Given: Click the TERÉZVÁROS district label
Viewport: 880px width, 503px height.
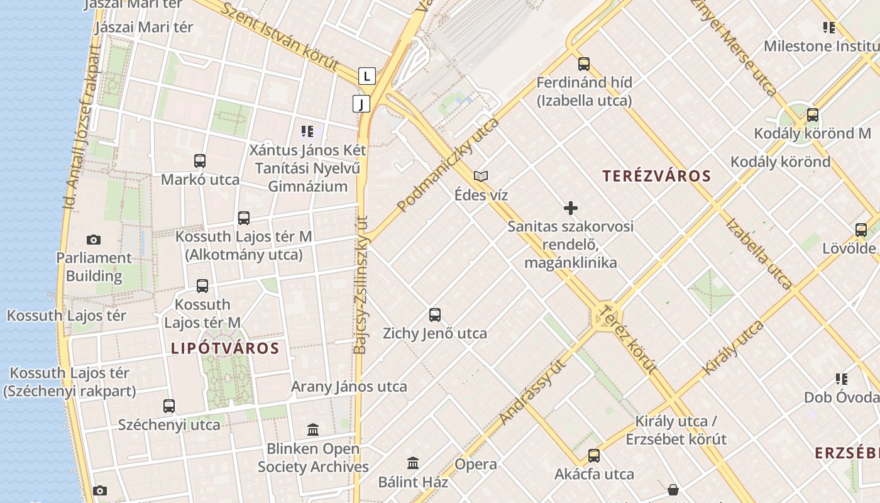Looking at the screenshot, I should coord(656,176).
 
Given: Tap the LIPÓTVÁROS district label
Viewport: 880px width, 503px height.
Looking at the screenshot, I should coord(225,348).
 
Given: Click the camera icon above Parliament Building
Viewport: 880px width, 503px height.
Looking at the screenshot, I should coord(94,240).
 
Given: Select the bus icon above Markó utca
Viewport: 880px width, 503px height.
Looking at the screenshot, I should coord(200,161).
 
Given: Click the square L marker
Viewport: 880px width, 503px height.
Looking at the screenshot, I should coord(367,77).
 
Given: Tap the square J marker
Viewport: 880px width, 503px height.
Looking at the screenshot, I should coord(361,104).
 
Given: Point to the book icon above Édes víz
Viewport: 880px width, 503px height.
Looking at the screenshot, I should coord(481,177).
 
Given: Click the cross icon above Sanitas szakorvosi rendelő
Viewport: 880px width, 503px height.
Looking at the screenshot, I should coord(571,208).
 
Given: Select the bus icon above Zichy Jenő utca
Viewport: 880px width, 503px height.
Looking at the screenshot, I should coord(435,315).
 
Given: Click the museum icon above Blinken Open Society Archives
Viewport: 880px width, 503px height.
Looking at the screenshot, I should coord(313,430).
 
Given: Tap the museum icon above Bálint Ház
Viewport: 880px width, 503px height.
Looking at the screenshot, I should coord(413,463).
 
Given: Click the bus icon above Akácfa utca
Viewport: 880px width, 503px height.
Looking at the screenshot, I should coord(594,456).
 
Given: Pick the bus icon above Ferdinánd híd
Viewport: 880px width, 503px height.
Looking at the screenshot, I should coord(584,64).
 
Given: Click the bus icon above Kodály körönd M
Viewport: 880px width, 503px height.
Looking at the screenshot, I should coord(813,115).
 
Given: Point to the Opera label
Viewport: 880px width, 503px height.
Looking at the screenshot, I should coord(476,465).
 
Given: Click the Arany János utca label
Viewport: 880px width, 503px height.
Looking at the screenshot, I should coord(349,387).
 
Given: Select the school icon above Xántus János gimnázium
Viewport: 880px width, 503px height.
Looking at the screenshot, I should coord(307,131).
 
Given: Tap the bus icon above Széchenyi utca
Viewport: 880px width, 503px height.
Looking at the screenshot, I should coord(169,406).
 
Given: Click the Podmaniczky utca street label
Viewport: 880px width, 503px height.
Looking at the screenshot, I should coord(448,165).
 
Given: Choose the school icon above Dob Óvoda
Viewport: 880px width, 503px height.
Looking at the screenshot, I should coord(842,379).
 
